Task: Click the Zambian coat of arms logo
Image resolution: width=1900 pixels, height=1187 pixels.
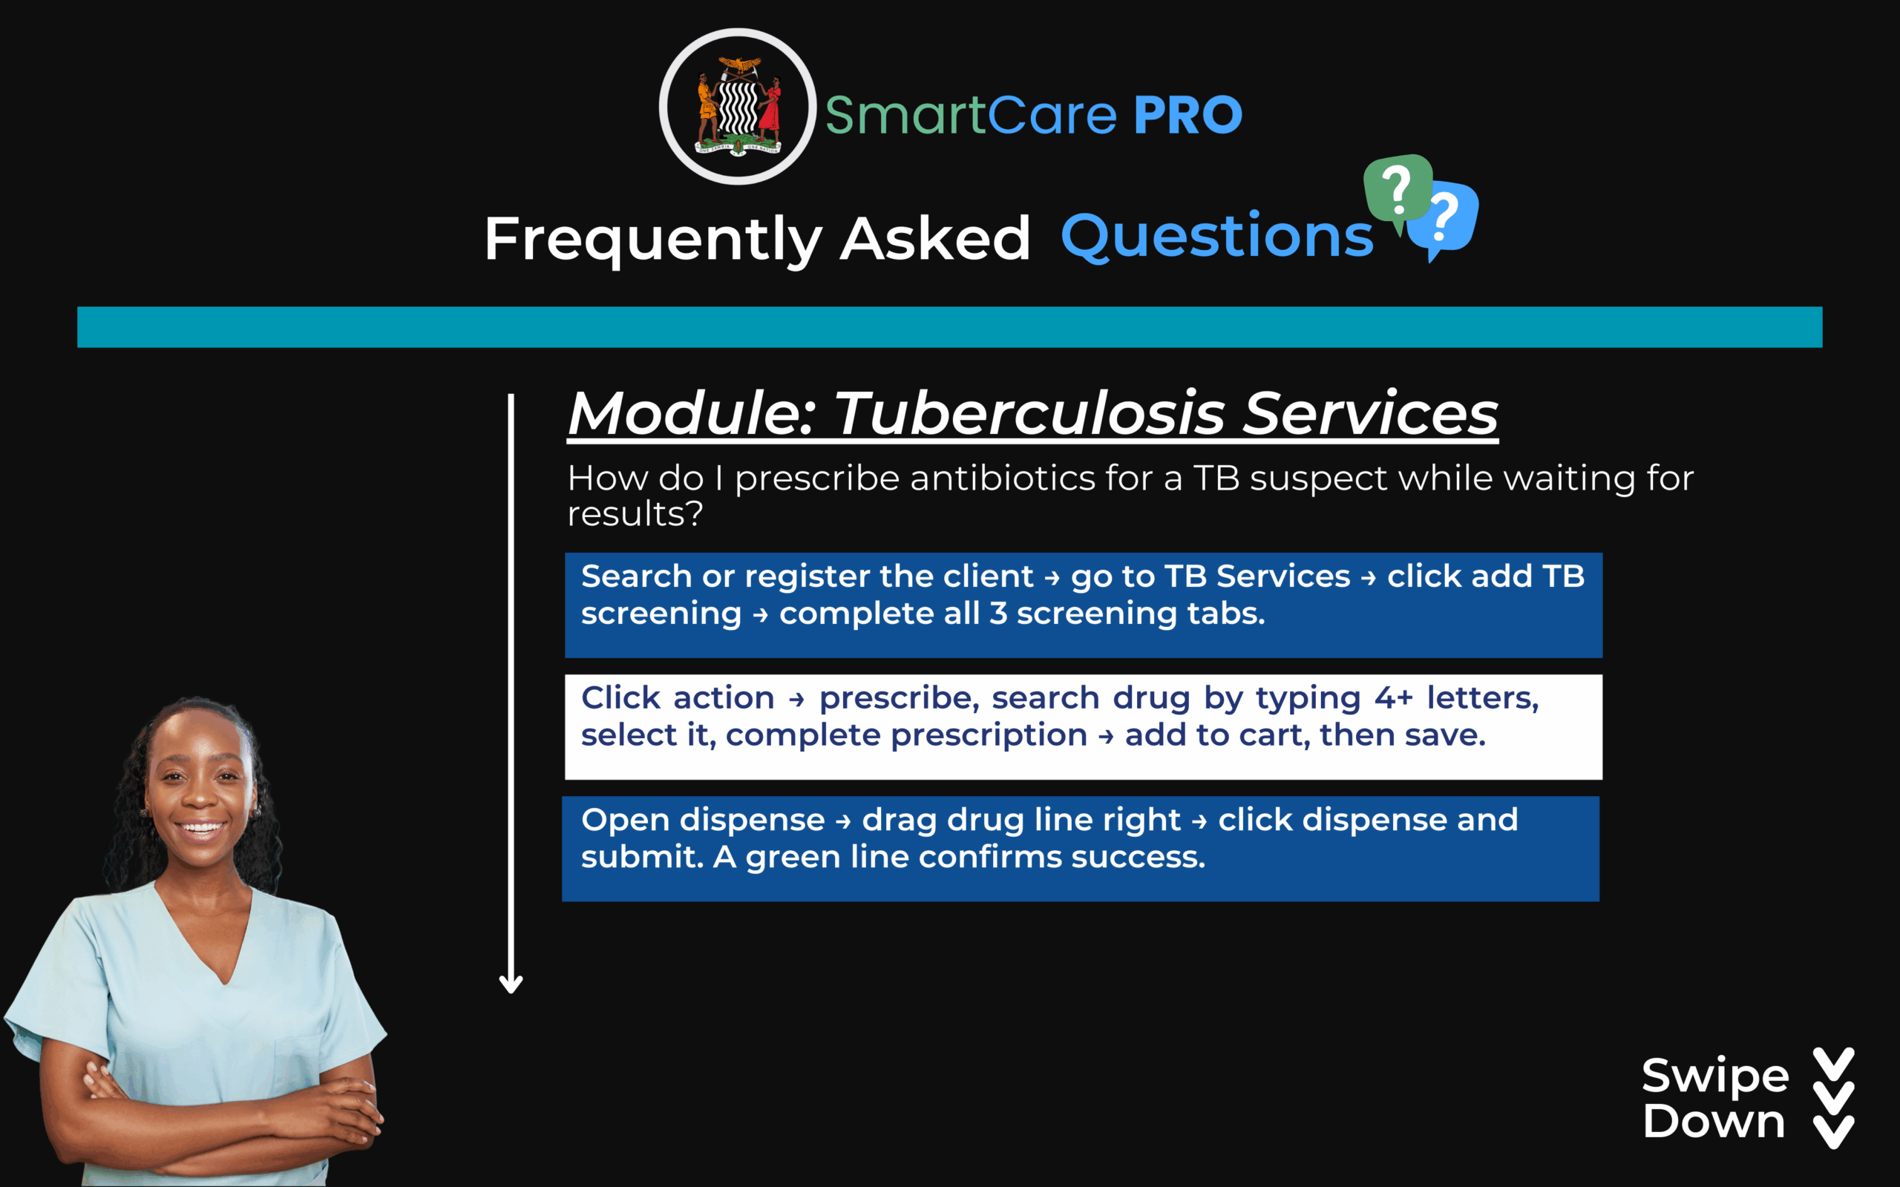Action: pos(737,107)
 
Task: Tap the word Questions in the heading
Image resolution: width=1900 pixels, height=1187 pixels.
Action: pos(1217,237)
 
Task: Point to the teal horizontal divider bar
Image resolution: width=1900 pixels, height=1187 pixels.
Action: pos(950,326)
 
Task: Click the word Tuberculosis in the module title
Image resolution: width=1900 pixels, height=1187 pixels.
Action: pos(1029,413)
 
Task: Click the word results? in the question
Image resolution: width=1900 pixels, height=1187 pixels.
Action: pos(635,514)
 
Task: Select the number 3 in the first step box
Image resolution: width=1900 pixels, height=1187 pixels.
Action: pos(998,613)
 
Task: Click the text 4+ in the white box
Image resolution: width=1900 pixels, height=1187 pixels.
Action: pos(1394,697)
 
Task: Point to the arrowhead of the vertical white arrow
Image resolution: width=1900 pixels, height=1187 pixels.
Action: pos(511,984)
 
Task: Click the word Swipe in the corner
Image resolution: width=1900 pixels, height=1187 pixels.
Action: pos(1715,1076)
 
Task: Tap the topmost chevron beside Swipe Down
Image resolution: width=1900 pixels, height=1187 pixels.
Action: pos(1834,1065)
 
